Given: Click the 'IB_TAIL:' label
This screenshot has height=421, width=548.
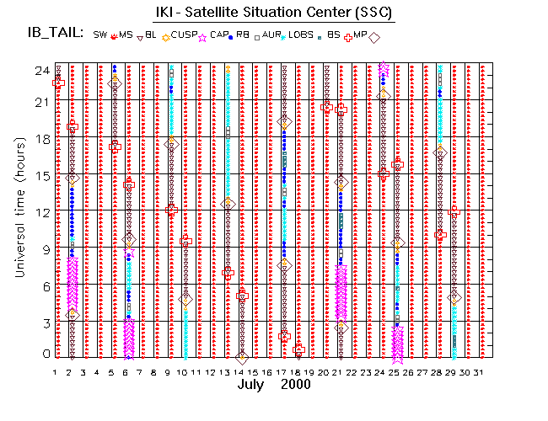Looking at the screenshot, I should [x=54, y=34].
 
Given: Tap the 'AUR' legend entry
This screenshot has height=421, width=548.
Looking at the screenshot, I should [x=270, y=35].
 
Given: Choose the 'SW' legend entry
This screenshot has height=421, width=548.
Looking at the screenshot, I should [x=100, y=35].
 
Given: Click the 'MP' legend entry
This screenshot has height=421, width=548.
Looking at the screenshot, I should [x=360, y=35].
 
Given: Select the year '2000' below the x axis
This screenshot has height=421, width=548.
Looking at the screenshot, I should [x=296, y=384].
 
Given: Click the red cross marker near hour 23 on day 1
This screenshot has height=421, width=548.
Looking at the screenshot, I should [x=58, y=83].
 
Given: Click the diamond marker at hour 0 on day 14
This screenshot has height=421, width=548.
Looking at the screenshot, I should [x=242, y=358].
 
